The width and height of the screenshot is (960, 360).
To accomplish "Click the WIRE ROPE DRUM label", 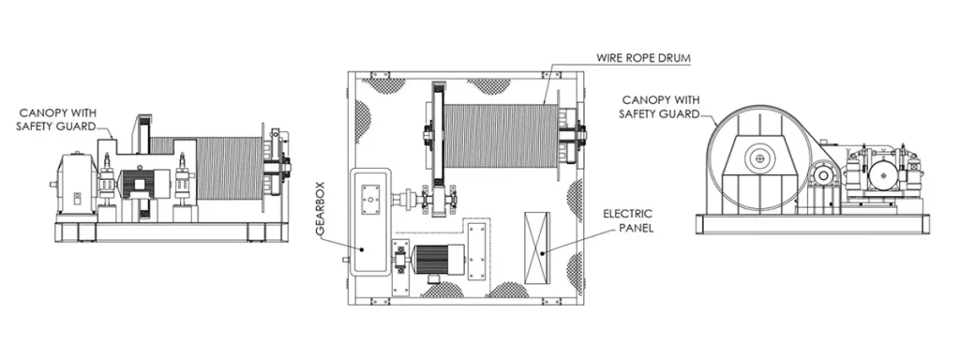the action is click(x=643, y=58).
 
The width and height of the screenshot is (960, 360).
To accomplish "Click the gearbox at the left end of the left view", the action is click(x=73, y=182).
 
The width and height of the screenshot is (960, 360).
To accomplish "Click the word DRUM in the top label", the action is click(x=671, y=58).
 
